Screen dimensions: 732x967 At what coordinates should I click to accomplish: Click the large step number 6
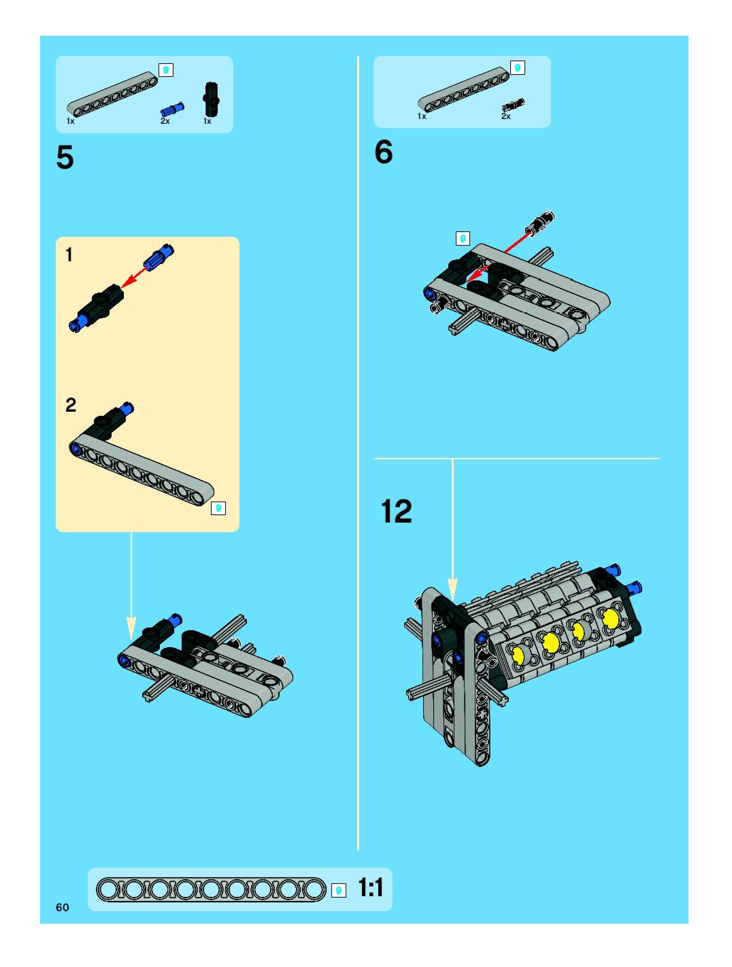pyautogui.click(x=384, y=152)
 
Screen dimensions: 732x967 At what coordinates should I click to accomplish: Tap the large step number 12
pyautogui.click(x=396, y=511)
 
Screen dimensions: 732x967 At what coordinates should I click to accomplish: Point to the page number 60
pyautogui.click(x=63, y=907)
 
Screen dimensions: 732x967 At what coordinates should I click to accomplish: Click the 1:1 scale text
pyautogui.click(x=370, y=888)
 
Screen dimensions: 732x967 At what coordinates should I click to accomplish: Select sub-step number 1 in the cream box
pyautogui.click(x=69, y=255)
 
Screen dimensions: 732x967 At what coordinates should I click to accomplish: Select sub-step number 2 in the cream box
pyautogui.click(x=70, y=405)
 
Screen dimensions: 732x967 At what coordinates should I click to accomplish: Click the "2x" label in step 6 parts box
pyautogui.click(x=506, y=116)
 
